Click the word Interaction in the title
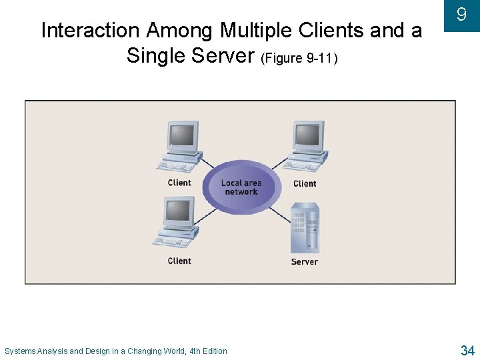click(x=91, y=31)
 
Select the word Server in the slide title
click(x=225, y=55)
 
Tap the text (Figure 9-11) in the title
click(x=301, y=58)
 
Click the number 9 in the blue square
click(x=461, y=14)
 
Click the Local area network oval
click(x=241, y=187)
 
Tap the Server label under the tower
click(x=305, y=262)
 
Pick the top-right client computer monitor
click(x=307, y=137)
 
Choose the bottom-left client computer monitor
click(x=179, y=211)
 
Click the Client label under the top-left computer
click(x=179, y=183)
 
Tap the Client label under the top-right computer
click(x=305, y=183)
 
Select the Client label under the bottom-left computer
click(x=179, y=261)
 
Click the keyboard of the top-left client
click(x=173, y=166)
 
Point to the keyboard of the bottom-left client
click(x=170, y=241)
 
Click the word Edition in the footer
click(x=213, y=351)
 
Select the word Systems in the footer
click(x=20, y=351)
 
